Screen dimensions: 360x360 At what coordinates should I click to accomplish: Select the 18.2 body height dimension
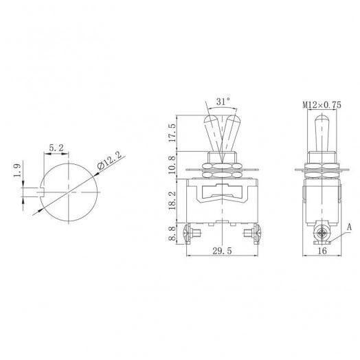tap(171, 201)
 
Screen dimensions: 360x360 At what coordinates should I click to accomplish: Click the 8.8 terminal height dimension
tap(171, 236)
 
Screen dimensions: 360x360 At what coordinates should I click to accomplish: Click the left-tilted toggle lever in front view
tap(211, 132)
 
